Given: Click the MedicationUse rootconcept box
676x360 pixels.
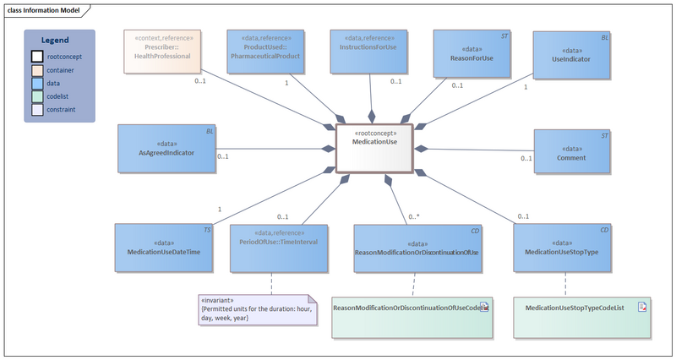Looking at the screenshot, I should pyautogui.click(x=374, y=149).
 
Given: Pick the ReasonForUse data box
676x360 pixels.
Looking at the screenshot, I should pyautogui.click(x=472, y=54).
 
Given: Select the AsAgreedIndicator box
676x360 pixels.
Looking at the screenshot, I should pyautogui.click(x=166, y=148).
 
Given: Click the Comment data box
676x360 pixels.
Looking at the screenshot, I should pyautogui.click(x=572, y=153).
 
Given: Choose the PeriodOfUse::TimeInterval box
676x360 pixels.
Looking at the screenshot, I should pyautogui.click(x=278, y=248).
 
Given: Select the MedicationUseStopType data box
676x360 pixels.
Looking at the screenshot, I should pyautogui.click(x=562, y=248).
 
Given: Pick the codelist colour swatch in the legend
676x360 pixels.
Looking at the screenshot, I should pyautogui.click(x=37, y=96).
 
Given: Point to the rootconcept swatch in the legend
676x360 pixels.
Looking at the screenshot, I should pyautogui.click(x=37, y=56).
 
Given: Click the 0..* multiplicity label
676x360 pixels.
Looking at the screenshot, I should pyautogui.click(x=414, y=217).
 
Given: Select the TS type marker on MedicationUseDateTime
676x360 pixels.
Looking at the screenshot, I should pyautogui.click(x=207, y=229).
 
